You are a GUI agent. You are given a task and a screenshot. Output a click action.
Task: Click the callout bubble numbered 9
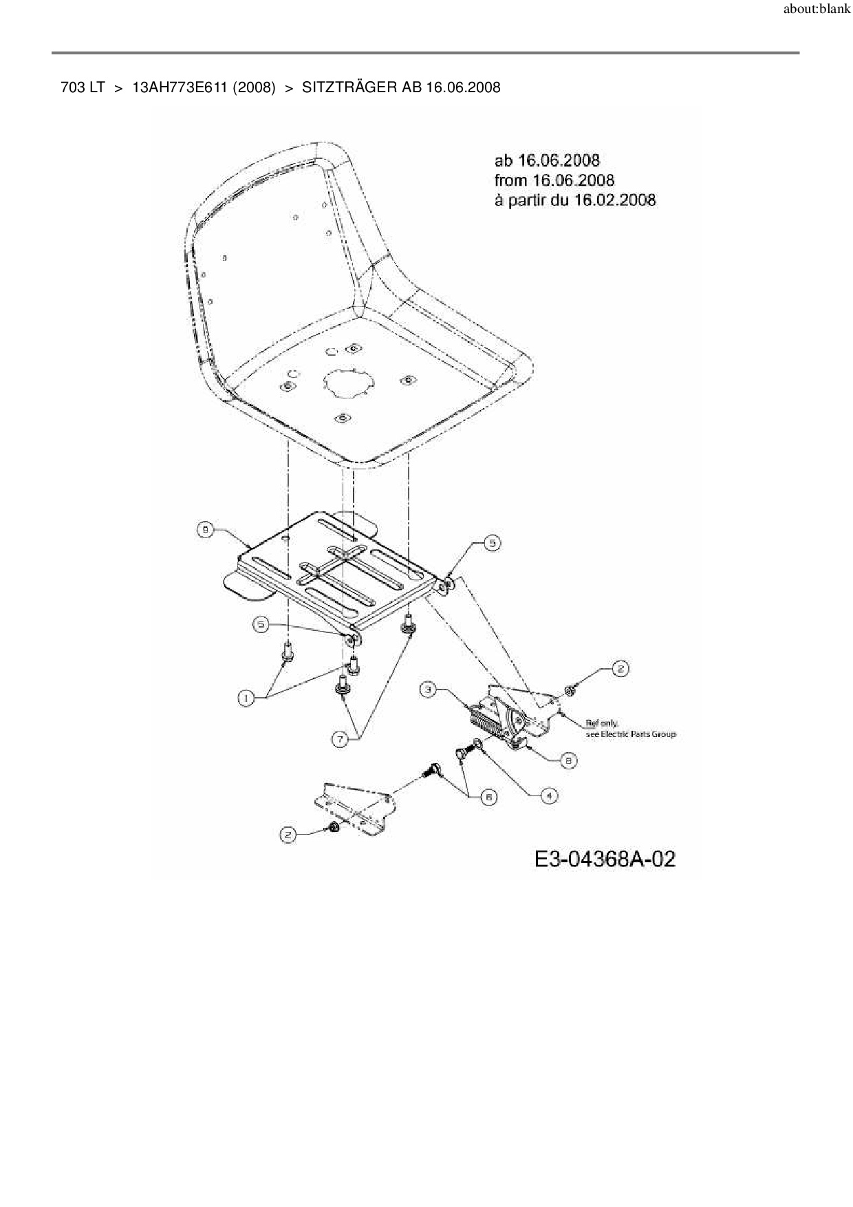coord(205,529)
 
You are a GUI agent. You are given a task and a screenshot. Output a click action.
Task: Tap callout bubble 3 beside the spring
coord(429,689)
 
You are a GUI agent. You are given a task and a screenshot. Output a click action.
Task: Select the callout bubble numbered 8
coord(568,760)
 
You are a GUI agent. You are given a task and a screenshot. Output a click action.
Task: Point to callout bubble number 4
coord(548,795)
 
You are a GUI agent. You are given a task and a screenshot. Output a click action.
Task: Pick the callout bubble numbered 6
coord(488,797)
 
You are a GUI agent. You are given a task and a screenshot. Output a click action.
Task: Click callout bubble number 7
coord(341,740)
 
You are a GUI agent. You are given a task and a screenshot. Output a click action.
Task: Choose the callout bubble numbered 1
coord(245,698)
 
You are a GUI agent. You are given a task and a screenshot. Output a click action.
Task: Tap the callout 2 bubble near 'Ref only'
coord(620,668)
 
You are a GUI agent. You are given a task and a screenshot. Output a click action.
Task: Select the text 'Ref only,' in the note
coord(601,723)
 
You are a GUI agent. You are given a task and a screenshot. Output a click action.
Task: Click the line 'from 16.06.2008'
coord(554,180)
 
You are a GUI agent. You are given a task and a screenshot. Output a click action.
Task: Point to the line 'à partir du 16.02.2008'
coord(574,200)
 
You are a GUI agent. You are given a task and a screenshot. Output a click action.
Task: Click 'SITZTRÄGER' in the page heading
coord(350,87)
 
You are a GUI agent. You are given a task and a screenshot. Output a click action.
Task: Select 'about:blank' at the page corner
coord(817,10)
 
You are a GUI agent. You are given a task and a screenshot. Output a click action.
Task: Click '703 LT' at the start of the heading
coord(83,87)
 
